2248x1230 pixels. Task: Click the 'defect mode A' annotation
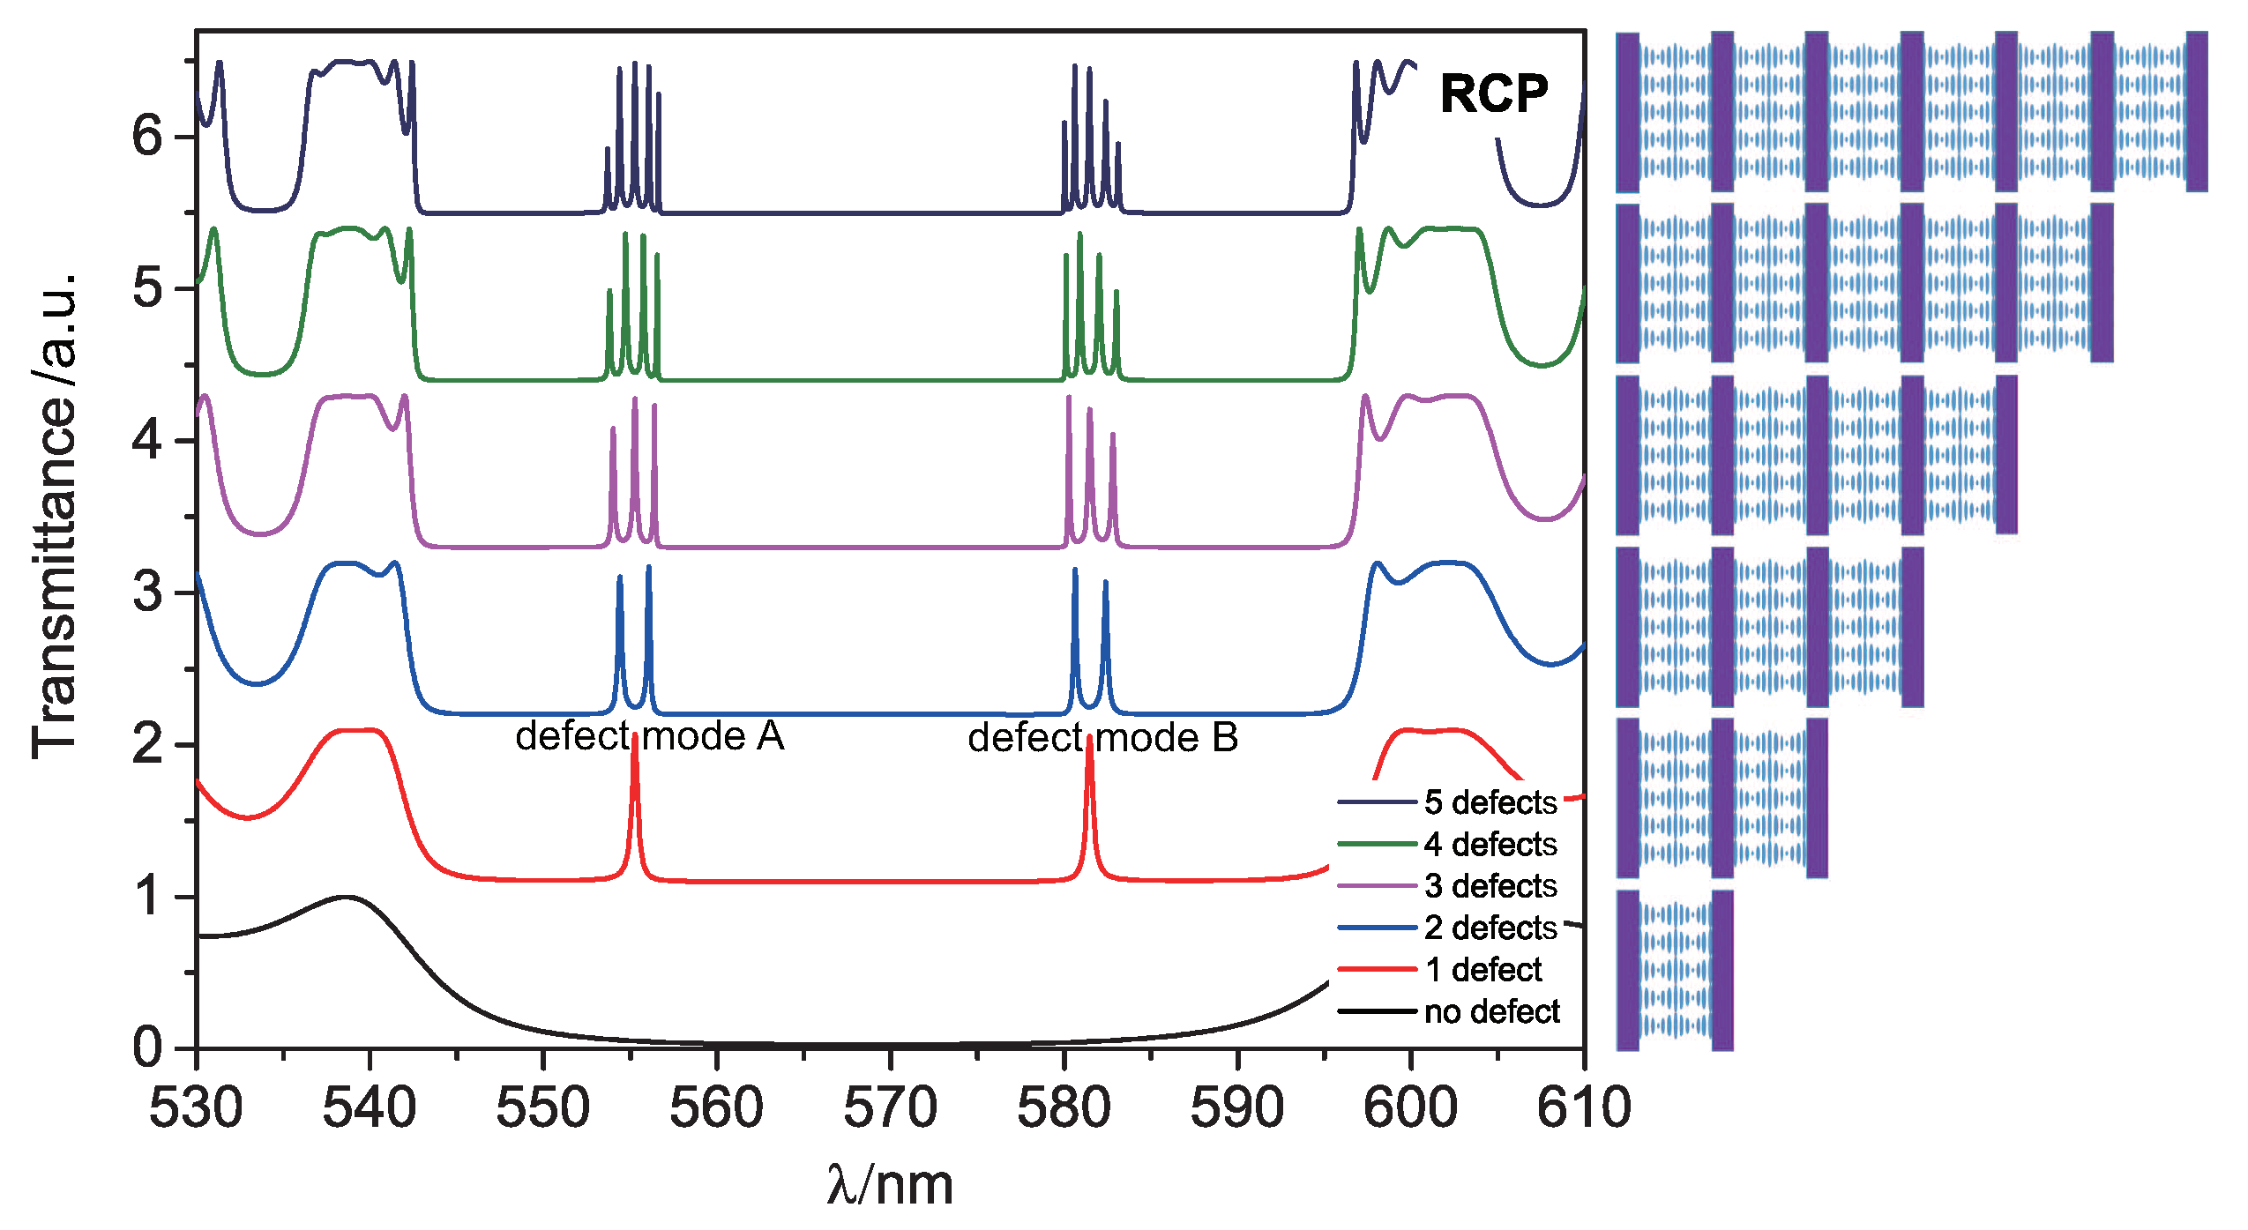[x=649, y=736]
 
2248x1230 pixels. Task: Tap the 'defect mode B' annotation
[x=1102, y=738]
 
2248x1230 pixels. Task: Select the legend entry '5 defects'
[x=1490, y=802]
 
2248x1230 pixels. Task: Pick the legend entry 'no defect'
[x=1491, y=1011]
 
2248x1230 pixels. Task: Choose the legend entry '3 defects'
[x=1490, y=885]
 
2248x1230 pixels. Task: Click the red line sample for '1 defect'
[x=1377, y=969]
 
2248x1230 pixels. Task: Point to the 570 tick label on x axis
[x=890, y=1108]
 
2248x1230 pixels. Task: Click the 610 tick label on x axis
[x=1583, y=1108]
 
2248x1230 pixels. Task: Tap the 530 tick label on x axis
[x=196, y=1108]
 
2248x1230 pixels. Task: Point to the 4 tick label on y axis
[x=148, y=439]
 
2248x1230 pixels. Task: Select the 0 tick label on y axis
[x=148, y=1047]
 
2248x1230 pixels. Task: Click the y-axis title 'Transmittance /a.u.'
[x=55, y=516]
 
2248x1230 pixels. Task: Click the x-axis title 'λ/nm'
[x=890, y=1184]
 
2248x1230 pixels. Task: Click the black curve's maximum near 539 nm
[x=345, y=897]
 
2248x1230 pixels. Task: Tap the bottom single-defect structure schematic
[x=1674, y=970]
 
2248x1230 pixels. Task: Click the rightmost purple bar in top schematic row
[x=2196, y=111]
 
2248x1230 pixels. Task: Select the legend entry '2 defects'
[x=1490, y=928]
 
